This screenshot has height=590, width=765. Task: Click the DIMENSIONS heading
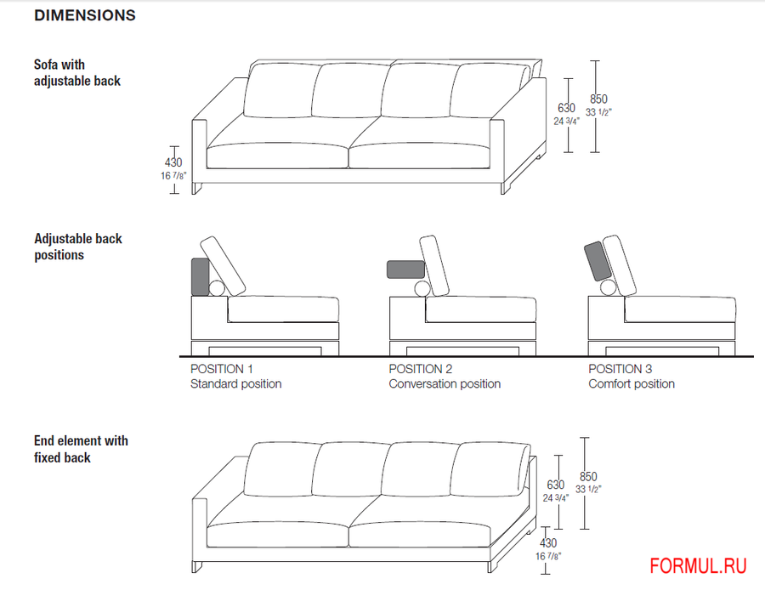[85, 15]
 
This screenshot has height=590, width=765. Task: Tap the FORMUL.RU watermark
[698, 566]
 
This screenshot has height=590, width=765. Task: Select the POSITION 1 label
[222, 369]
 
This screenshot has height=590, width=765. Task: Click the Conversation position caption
[445, 384]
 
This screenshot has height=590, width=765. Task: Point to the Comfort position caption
[632, 384]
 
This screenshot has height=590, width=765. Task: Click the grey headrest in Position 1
[201, 277]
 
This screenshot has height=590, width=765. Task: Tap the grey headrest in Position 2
[406, 269]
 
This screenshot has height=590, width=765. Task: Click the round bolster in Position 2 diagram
[422, 288]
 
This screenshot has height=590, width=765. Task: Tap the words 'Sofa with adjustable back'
[77, 73]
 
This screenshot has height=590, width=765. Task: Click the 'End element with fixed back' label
[81, 449]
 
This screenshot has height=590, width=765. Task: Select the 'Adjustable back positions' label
[78, 247]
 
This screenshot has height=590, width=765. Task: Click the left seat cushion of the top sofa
[277, 156]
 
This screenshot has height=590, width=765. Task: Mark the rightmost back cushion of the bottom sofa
[490, 469]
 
